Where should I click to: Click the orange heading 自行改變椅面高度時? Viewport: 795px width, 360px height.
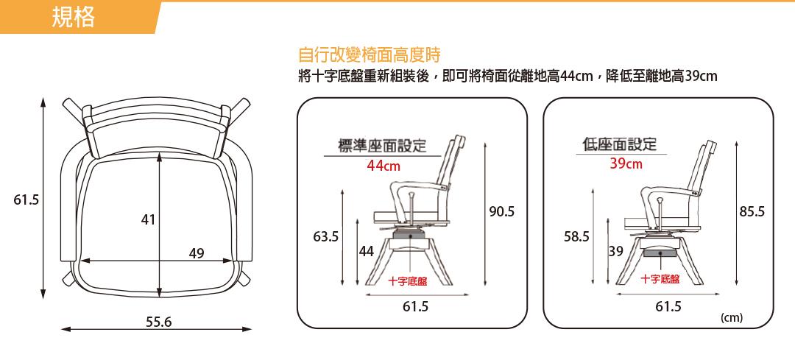[370, 54]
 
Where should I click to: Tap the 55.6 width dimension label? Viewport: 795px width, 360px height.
[159, 322]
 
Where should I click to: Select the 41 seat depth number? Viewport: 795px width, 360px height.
[148, 219]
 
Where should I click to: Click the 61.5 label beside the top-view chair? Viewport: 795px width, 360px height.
[26, 200]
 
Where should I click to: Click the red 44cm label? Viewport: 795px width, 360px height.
[384, 166]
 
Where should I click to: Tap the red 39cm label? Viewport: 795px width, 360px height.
[626, 163]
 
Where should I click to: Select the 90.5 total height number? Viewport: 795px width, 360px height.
[502, 211]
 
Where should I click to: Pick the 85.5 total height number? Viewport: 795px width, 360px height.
[752, 211]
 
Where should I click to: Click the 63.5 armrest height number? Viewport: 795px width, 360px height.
[325, 236]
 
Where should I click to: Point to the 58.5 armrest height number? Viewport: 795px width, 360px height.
[576, 236]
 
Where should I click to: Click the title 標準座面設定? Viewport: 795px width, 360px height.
[383, 146]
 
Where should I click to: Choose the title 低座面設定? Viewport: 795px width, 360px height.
[620, 144]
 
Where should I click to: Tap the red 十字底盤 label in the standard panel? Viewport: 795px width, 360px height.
[408, 281]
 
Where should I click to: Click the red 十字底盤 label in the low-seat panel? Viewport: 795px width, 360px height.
[660, 279]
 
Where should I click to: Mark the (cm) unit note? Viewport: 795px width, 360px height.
[731, 318]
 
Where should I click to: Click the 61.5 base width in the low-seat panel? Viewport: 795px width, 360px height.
[668, 306]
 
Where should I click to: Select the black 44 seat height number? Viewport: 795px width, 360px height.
[366, 250]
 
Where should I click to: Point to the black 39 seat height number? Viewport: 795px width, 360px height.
[615, 250]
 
